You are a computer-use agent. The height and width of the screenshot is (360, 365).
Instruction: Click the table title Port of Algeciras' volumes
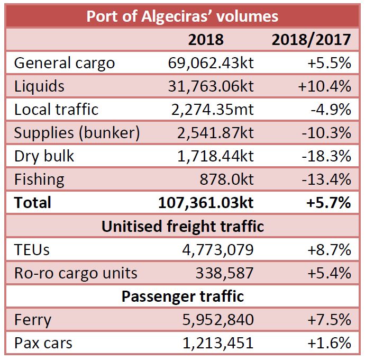coord(182,16)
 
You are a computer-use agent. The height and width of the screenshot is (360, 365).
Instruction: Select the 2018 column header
coord(206,40)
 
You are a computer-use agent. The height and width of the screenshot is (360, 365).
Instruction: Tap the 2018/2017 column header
coord(311,40)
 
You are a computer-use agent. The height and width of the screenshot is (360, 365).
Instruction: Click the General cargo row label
coord(64,63)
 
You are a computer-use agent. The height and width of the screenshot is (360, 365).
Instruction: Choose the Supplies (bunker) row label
coord(77,133)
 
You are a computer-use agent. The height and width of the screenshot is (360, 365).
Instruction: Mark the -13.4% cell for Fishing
coord(326,179)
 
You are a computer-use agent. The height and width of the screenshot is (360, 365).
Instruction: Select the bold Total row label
coord(33,203)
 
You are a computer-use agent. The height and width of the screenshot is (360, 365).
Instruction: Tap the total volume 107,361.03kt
coord(206,203)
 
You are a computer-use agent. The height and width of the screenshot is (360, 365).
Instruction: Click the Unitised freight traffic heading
coord(182,227)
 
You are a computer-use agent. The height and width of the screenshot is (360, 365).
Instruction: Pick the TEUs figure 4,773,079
coord(218,250)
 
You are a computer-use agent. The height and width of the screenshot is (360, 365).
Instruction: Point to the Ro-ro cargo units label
coord(76,273)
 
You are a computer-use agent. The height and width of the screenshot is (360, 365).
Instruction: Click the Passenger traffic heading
coord(182,296)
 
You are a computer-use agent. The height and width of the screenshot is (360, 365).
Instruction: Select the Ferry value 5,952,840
coord(218,320)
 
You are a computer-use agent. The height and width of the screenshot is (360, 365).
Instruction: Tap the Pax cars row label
coord(43,343)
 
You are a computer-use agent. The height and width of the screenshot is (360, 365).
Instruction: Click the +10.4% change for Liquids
coord(325,86)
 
